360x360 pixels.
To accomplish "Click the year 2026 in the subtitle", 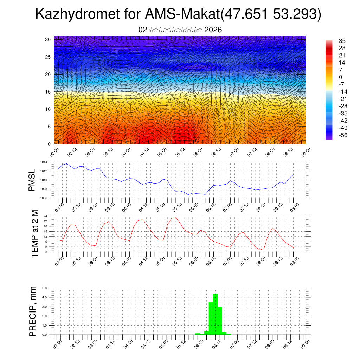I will point(213,30).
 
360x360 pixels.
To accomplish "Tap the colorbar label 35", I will point(342,41).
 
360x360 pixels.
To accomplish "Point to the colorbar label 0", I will point(340,77).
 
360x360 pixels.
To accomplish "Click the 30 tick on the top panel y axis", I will point(48,39).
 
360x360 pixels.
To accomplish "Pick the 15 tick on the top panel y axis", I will point(48,92).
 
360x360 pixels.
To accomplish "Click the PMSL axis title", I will point(32,180).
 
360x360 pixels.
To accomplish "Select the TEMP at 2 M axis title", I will point(34,234).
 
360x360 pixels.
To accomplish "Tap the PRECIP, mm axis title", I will point(33,311).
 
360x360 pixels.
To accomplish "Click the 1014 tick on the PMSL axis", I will point(43,162).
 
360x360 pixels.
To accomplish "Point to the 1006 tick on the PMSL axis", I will point(43,198).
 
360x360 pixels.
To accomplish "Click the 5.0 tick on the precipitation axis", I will point(45,288).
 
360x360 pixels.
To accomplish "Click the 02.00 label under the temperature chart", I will point(58,261).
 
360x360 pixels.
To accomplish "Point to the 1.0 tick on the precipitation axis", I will point(45,326).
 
